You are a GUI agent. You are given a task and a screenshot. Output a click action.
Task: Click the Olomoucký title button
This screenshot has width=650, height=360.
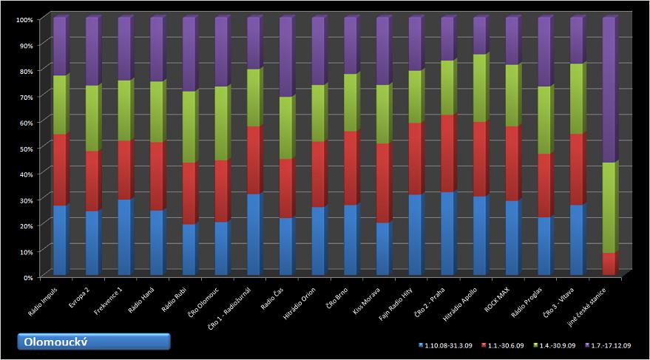coord(94,342)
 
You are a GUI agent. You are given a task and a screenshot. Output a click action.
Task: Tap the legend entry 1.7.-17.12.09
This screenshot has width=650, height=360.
coord(612,345)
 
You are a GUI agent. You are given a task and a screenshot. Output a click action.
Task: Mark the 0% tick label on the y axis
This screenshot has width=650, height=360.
coord(27,276)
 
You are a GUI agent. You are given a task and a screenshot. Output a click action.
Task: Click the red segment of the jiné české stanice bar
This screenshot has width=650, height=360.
coord(609,264)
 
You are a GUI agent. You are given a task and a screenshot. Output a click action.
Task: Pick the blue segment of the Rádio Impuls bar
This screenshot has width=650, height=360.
coord(59,240)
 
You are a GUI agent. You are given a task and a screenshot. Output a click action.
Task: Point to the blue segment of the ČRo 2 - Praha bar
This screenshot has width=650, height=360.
coord(447,234)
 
